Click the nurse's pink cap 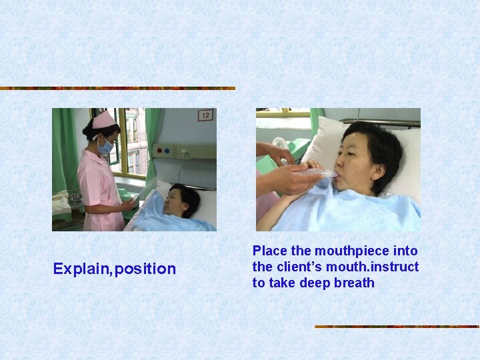(x=103, y=120)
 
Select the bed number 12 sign (x=206, y=116)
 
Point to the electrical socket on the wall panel (x=181, y=152)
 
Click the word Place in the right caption (x=270, y=251)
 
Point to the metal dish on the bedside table (x=75, y=197)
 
